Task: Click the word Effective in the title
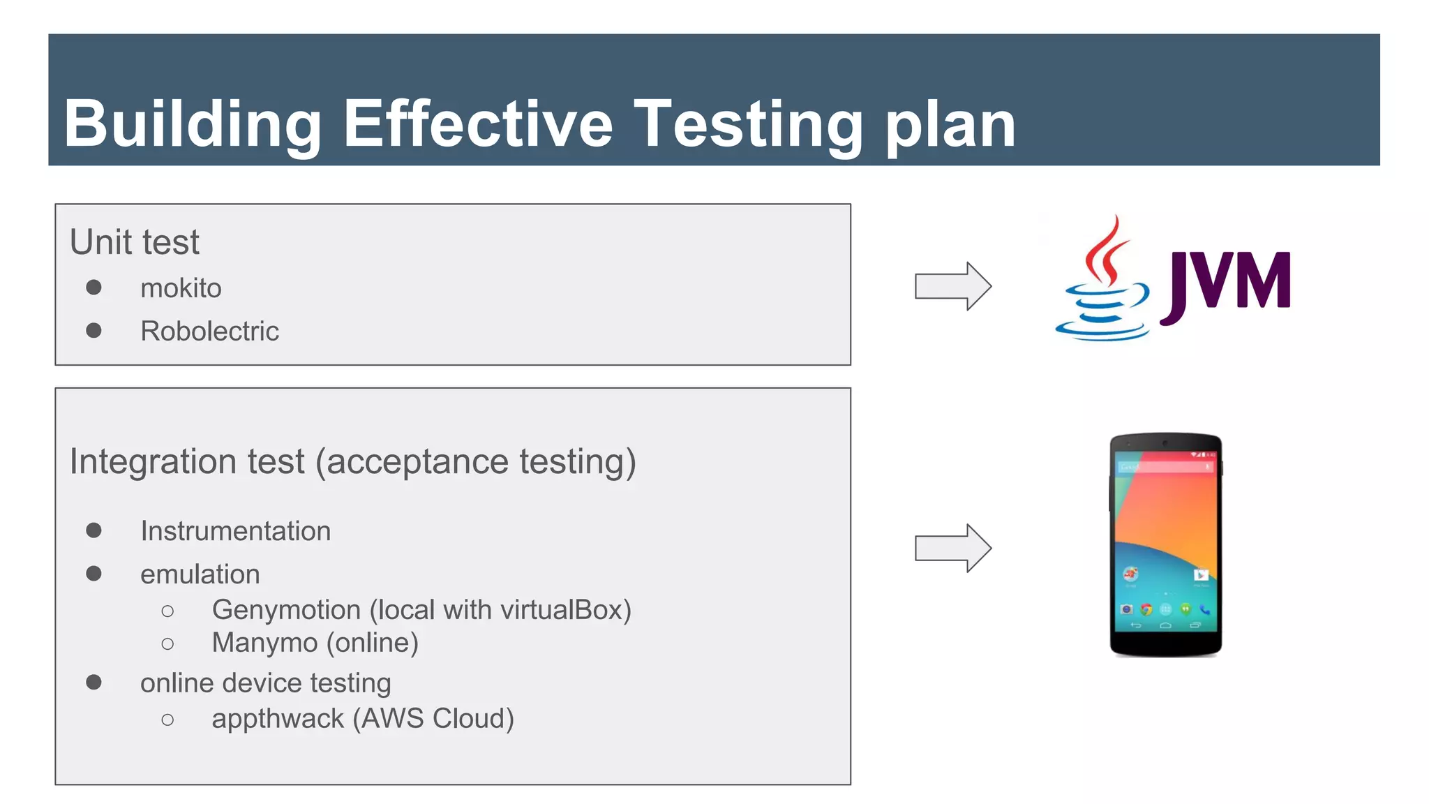478,124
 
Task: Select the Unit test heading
135,242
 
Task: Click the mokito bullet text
181,288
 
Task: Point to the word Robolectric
209,331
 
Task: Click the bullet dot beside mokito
93,288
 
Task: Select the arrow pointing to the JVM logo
952,286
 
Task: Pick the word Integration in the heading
153,461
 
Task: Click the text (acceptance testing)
476,462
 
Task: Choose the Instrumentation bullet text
235,531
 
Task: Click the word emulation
200,574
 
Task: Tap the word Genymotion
286,610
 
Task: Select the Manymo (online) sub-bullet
315,643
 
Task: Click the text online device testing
265,683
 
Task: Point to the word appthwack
278,719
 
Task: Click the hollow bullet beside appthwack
167,720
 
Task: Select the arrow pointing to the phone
952,548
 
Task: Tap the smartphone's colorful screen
1165,537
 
